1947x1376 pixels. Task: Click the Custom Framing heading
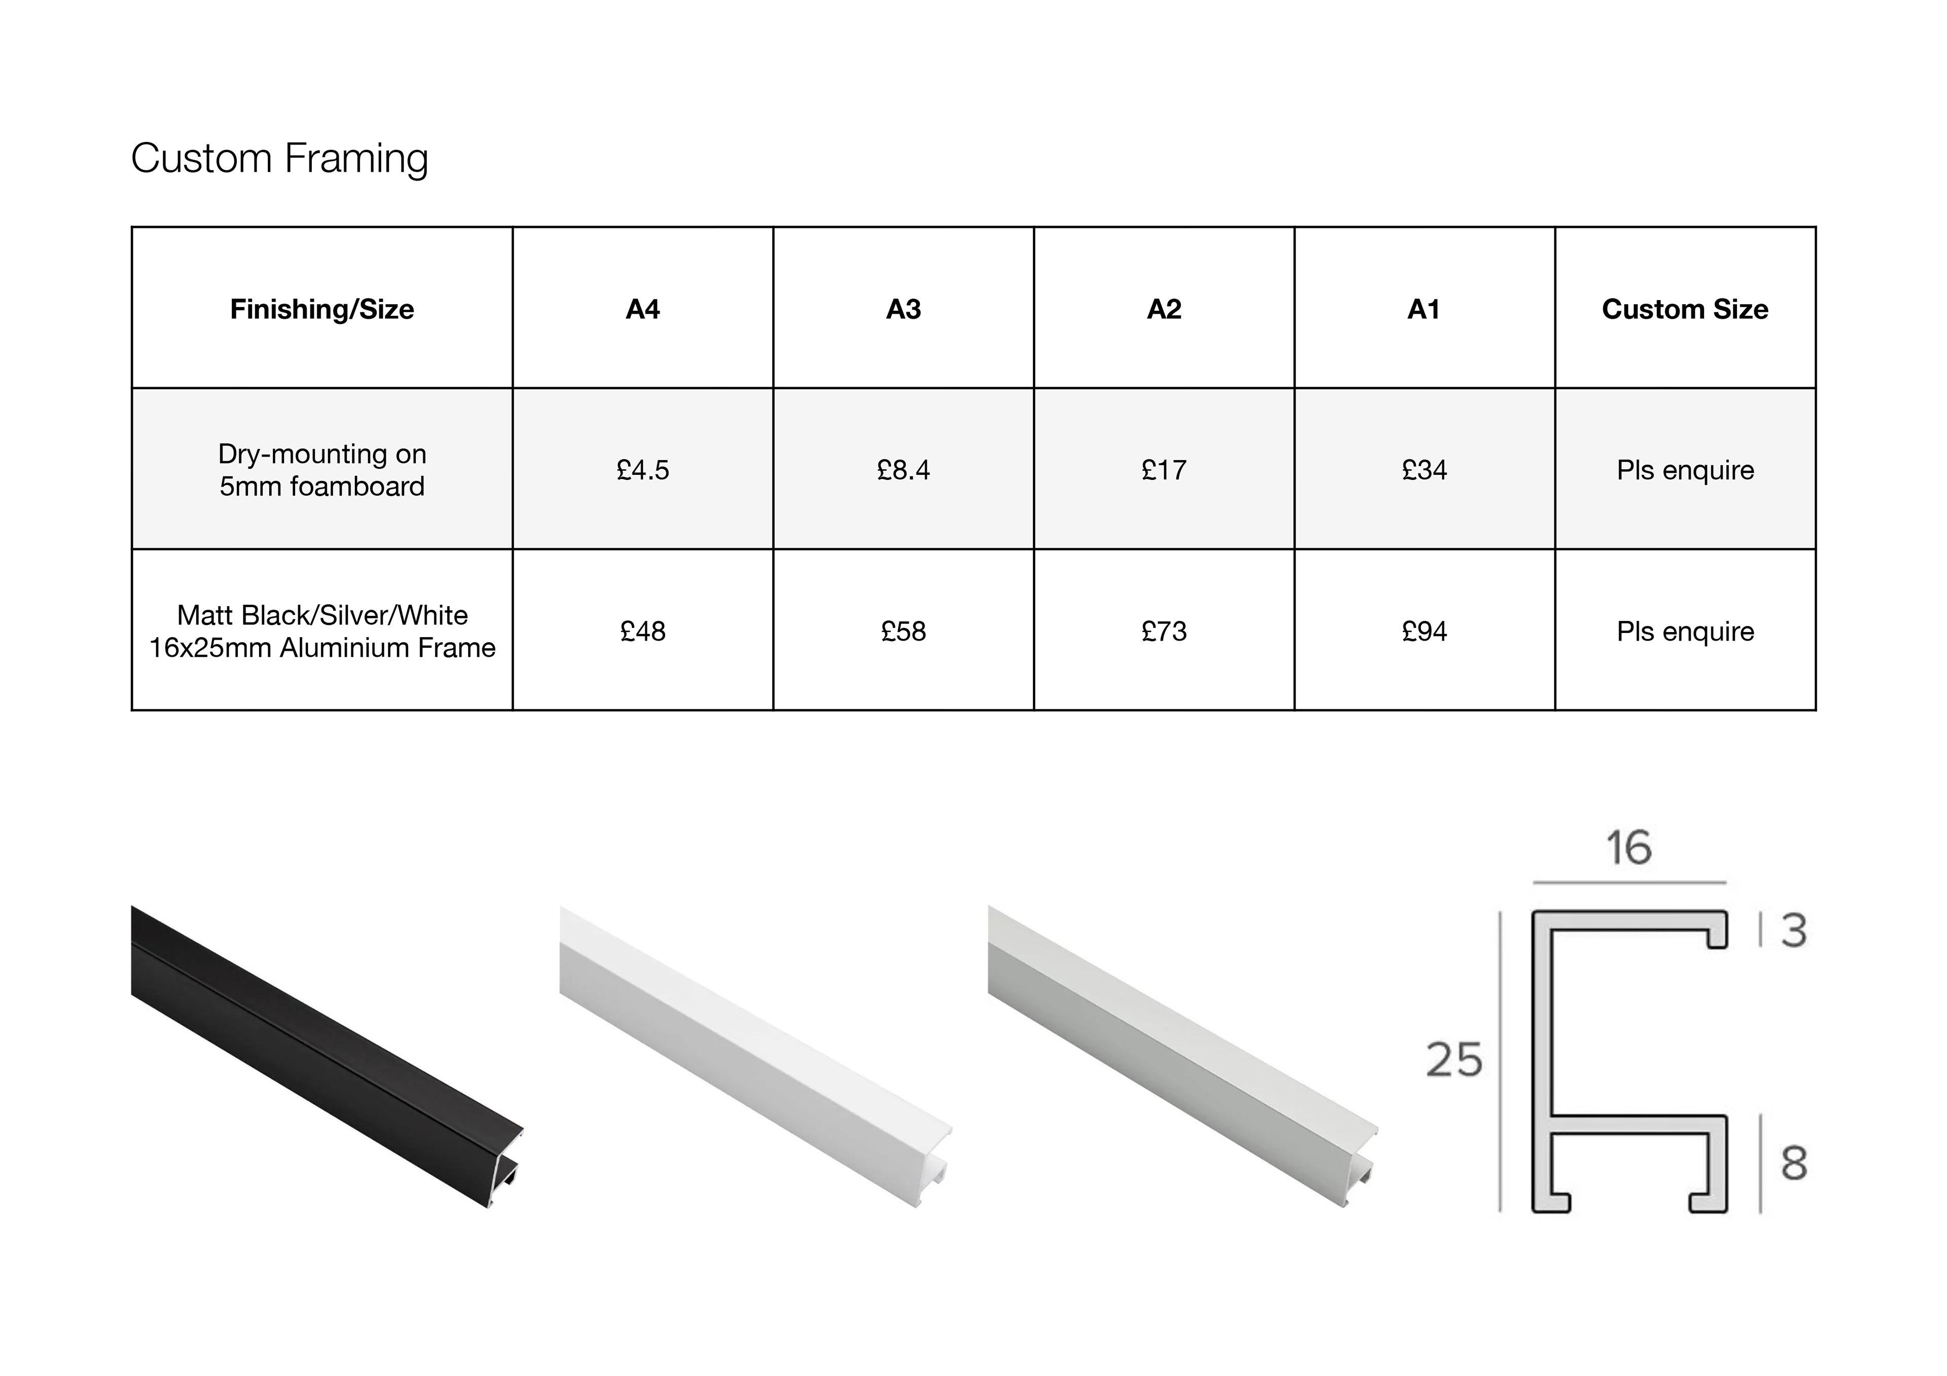pos(280,159)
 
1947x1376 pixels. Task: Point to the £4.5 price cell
pos(643,470)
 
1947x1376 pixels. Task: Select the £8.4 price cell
pos(903,470)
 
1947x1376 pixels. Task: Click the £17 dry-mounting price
pos(1164,470)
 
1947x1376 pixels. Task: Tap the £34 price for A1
pos(1425,470)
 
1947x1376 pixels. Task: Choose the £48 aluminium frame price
pos(643,631)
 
